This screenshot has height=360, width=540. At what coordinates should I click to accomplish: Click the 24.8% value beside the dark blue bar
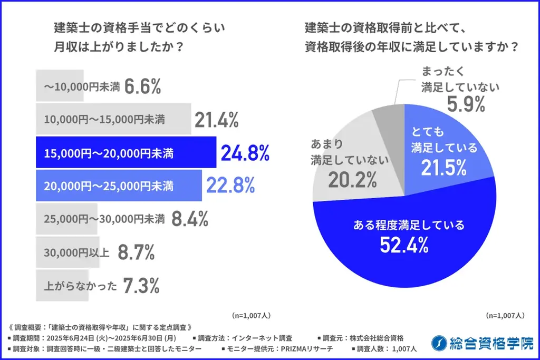tap(245, 153)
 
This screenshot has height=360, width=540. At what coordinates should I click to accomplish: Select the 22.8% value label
tap(230, 185)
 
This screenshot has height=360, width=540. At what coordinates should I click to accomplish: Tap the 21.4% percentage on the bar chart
tap(216, 121)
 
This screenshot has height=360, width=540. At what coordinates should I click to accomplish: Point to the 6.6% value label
tap(142, 87)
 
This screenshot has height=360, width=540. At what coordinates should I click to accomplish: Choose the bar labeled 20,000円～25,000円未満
tap(119, 185)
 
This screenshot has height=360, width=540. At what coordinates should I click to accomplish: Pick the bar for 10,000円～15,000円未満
tap(113, 120)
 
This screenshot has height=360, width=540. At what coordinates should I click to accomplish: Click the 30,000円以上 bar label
tap(76, 253)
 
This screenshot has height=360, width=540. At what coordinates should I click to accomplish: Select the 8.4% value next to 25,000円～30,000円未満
tap(190, 218)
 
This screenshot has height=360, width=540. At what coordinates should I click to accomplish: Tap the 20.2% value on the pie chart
tap(352, 180)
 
